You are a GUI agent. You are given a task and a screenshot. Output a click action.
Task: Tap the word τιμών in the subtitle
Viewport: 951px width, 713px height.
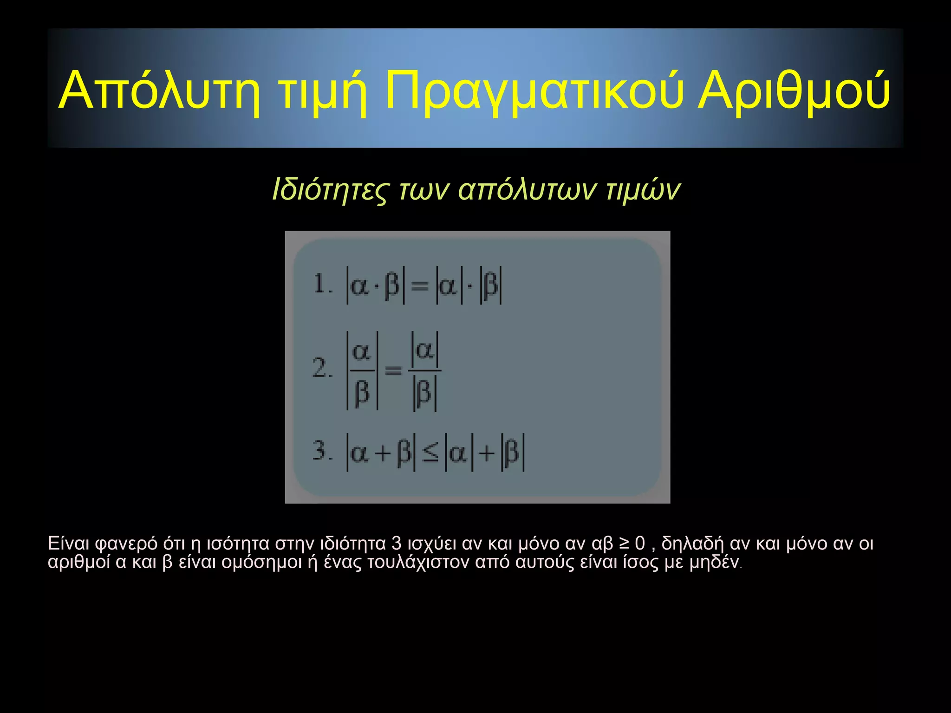643,189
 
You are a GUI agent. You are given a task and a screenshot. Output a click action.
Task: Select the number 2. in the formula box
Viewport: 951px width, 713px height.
322,369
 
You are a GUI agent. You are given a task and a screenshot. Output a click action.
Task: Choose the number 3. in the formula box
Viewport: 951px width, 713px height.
322,450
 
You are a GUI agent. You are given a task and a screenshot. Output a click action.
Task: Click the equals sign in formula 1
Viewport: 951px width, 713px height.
420,286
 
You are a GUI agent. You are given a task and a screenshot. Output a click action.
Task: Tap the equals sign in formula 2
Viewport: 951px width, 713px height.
393,370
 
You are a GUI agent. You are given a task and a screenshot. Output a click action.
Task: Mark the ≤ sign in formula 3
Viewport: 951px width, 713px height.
430,453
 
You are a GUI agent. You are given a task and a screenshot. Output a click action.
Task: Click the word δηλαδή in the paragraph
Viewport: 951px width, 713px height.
692,544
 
